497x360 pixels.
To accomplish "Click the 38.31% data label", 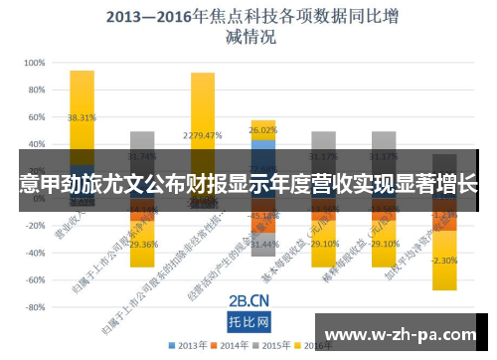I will [82, 117].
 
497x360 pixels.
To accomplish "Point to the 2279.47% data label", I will [203, 135].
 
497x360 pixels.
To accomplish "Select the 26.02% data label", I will [263, 130].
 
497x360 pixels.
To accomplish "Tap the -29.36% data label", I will [142, 244].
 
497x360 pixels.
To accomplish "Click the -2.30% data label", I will [444, 261].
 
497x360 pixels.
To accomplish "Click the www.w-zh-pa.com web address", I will [404, 332].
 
